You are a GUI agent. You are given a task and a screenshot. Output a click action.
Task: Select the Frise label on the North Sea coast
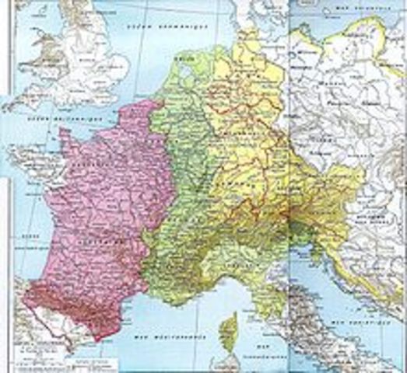tap(185, 59)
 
